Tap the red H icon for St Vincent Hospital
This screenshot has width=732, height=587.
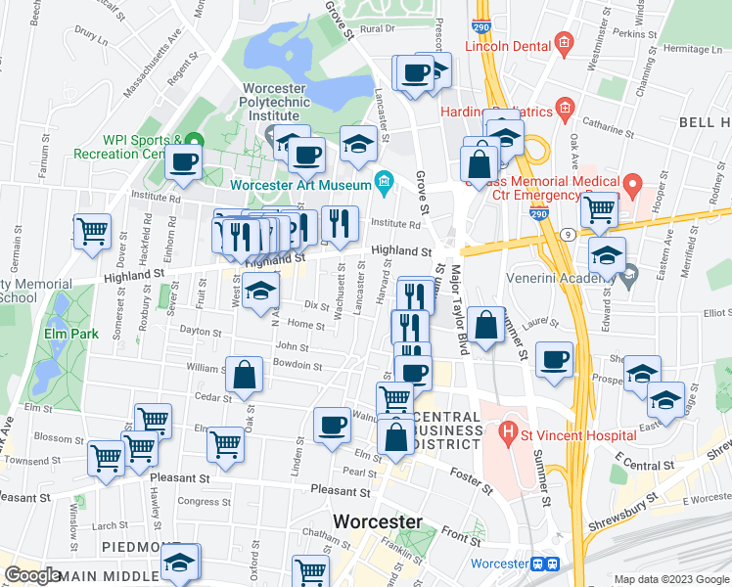click(508, 429)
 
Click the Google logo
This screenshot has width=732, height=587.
click(33, 575)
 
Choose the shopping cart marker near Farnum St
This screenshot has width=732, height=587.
click(91, 232)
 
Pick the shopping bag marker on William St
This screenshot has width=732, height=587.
click(244, 373)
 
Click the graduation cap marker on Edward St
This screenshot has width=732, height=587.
click(607, 254)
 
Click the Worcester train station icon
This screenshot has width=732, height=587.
click(543, 564)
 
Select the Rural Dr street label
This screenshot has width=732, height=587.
click(376, 29)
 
